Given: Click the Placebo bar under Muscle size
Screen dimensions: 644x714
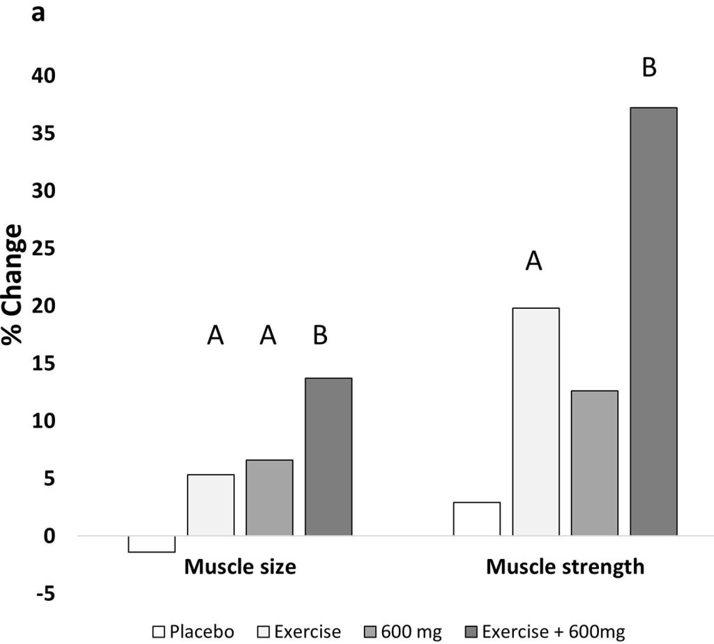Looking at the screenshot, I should [151, 544].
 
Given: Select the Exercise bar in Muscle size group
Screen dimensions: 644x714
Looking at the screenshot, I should [211, 505].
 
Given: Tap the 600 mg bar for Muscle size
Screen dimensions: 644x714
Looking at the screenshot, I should [269, 498].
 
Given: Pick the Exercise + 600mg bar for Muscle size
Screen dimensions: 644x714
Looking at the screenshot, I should [328, 457].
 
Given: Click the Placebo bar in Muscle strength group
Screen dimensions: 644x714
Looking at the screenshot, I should [476, 519].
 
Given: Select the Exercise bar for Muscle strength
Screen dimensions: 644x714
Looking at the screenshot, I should [535, 422].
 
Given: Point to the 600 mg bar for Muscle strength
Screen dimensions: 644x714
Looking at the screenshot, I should [594, 463].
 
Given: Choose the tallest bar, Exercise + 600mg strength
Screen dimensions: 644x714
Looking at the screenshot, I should [653, 321].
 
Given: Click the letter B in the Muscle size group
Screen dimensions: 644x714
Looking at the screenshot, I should [320, 336].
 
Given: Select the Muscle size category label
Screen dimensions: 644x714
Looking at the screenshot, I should [240, 567].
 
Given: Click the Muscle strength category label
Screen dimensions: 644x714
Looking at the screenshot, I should [565, 567].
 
